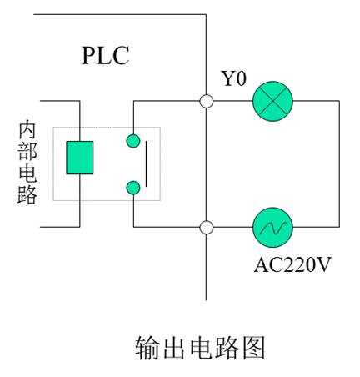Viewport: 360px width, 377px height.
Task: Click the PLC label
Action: [x=106, y=56]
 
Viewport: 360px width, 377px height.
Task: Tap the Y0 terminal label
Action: [x=233, y=78]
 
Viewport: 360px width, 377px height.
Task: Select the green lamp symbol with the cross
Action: [x=272, y=101]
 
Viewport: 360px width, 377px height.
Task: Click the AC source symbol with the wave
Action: [x=272, y=227]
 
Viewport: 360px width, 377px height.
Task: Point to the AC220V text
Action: [x=292, y=264]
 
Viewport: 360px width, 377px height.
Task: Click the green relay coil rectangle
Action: [x=80, y=158]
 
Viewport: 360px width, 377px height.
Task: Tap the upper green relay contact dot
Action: [x=133, y=141]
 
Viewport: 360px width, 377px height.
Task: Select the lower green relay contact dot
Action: [x=133, y=188]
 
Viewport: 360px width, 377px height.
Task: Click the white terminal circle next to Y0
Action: [x=207, y=101]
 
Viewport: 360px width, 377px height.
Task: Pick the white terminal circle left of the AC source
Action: [x=207, y=227]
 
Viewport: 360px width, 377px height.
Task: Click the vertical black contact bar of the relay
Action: [x=147, y=164]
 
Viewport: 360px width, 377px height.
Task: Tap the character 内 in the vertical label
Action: [x=27, y=129]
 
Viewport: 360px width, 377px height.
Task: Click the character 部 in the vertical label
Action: [x=27, y=151]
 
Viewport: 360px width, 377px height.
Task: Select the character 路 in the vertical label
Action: [x=27, y=194]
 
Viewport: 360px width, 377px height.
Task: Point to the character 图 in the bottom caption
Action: [x=254, y=348]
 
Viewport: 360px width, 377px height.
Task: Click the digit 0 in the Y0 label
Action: [x=241, y=78]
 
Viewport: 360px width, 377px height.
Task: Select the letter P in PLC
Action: [x=88, y=56]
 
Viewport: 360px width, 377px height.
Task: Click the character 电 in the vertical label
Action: [x=27, y=173]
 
